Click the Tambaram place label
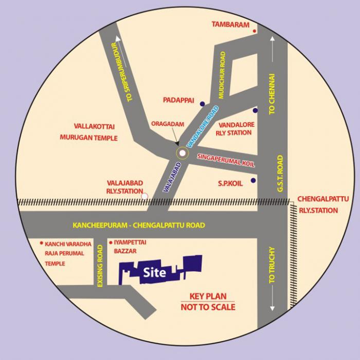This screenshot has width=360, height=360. pyautogui.click(x=230, y=25)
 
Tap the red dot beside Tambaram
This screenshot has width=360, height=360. pyautogui.click(x=255, y=31)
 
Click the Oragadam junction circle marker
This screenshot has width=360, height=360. pyautogui.click(x=182, y=153)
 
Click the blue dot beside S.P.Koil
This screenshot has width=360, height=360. pyautogui.click(x=253, y=181)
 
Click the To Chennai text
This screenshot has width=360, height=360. pyautogui.click(x=272, y=94)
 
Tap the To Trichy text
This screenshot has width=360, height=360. pyautogui.click(x=272, y=265)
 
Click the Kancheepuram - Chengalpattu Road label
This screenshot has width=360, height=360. pyautogui.click(x=139, y=225)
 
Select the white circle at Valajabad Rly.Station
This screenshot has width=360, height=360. pyautogui.click(x=145, y=196)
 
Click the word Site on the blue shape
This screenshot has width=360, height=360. pyautogui.click(x=154, y=273)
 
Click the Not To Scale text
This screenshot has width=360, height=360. pyautogui.click(x=208, y=308)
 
